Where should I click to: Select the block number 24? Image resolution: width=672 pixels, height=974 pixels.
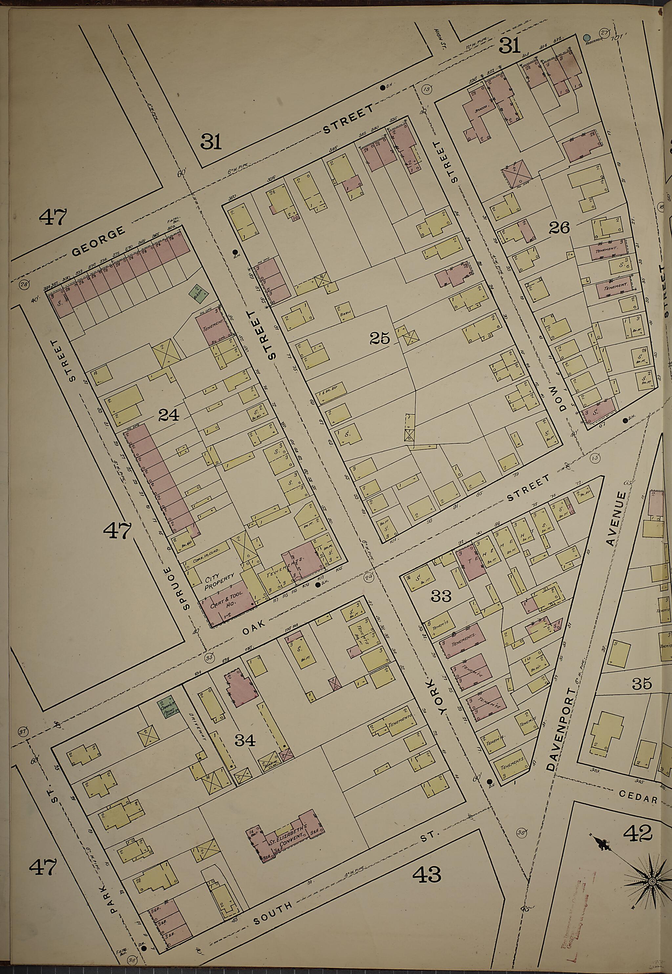coord(168,416)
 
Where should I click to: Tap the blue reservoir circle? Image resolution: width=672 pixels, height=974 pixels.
coord(587,38)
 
